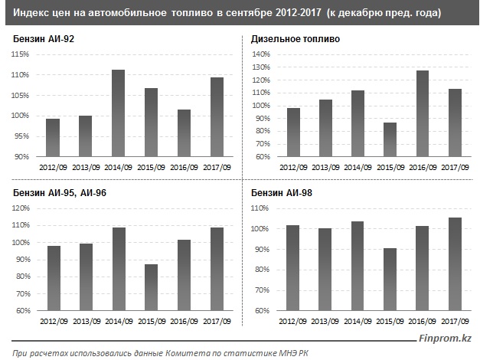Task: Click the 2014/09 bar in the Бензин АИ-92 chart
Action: tap(118, 113)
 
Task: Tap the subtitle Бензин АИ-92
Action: tap(44, 39)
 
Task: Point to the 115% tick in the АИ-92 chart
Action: tap(19, 54)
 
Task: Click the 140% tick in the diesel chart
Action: tap(261, 54)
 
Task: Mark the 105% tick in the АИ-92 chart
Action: tap(19, 95)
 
